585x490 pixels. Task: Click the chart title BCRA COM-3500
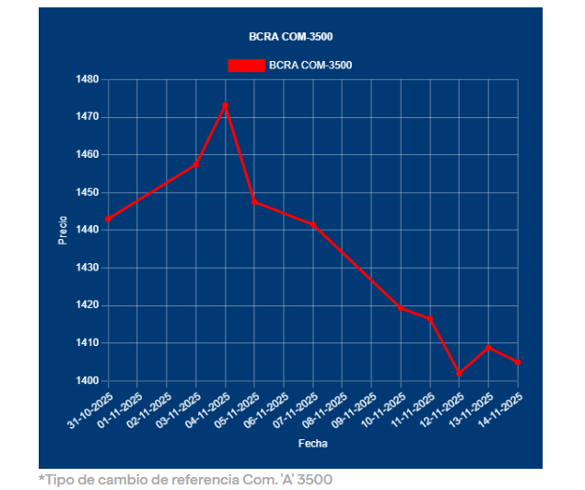291,37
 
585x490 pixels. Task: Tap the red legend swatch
246,65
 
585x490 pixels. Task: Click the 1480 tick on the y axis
87,79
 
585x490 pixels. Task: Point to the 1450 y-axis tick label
87,192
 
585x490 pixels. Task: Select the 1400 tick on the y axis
87,380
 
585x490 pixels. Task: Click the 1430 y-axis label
87,268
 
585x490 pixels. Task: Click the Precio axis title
63,230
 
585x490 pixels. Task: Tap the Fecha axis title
312,444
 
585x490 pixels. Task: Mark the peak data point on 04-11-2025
226,105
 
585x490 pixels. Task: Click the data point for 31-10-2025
108,219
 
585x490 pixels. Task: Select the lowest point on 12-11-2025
460,374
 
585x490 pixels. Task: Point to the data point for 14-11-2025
518,362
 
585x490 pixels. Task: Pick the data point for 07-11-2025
313,224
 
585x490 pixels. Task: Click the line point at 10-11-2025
401,307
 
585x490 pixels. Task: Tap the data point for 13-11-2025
488,347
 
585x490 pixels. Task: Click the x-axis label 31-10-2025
90,409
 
